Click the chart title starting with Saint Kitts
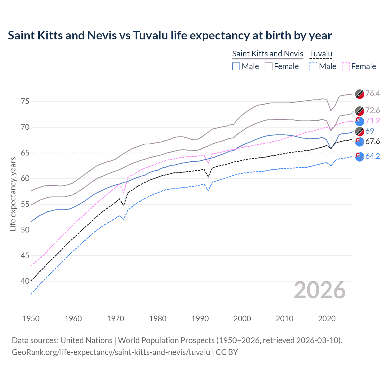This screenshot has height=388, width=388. pyautogui.click(x=170, y=35)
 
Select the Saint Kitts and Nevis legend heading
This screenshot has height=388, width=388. pyautogui.click(x=267, y=54)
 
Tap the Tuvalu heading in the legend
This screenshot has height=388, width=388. pyautogui.click(x=321, y=54)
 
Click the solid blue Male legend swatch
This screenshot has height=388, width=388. pyautogui.click(x=236, y=66)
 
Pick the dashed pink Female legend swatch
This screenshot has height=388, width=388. pyautogui.click(x=346, y=66)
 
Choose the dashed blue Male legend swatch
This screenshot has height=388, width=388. pyautogui.click(x=313, y=66)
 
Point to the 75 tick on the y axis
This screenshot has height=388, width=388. pyautogui.click(x=25, y=101)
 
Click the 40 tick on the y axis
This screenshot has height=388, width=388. pyautogui.click(x=25, y=281)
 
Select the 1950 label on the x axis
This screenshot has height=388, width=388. pyautogui.click(x=31, y=319)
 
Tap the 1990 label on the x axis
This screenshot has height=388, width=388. pyautogui.click(x=200, y=319)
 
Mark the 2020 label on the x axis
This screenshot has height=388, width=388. pyautogui.click(x=327, y=319)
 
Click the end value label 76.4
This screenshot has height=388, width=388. pyautogui.click(x=373, y=93)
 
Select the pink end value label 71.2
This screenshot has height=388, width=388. pyautogui.click(x=373, y=121)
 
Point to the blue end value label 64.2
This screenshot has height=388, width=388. pyautogui.click(x=373, y=156)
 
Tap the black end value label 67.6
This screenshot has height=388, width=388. pyautogui.click(x=373, y=141)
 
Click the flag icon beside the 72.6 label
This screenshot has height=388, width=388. pyautogui.click(x=360, y=111)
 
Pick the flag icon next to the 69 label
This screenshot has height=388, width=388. pyautogui.click(x=360, y=132)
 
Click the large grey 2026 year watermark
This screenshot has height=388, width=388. pyautogui.click(x=319, y=290)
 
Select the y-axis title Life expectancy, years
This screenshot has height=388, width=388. pyautogui.click(x=13, y=194)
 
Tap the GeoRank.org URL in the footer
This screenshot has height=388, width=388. pyautogui.click(x=111, y=352)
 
